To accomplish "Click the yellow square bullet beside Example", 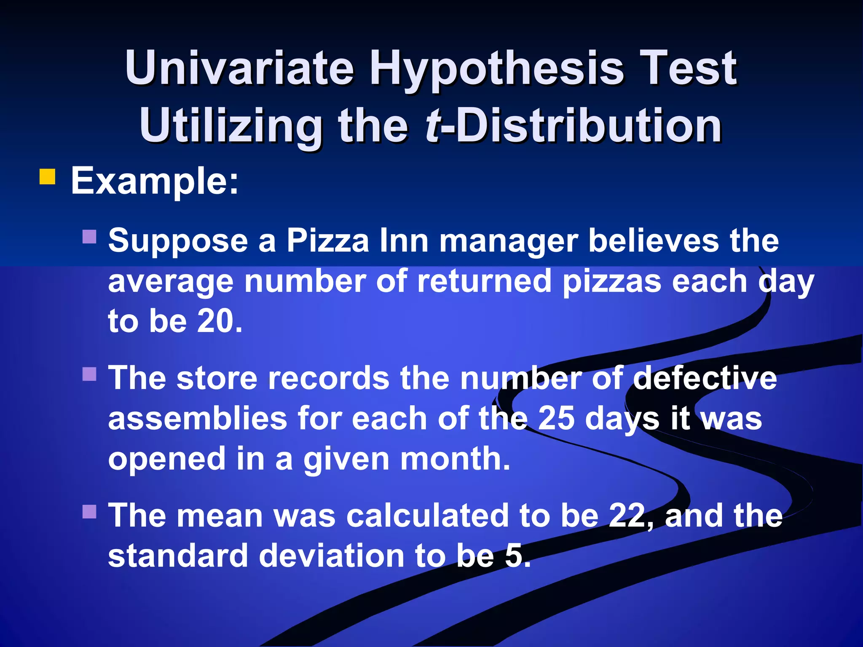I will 47,177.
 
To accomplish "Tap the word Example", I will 154,181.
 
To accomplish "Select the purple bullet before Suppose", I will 89,237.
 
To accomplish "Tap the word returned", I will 484,281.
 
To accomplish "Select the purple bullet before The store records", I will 89,374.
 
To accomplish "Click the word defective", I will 705,378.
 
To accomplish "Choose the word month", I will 455,459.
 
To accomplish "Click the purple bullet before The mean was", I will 89,511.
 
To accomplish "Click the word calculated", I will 427,516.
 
